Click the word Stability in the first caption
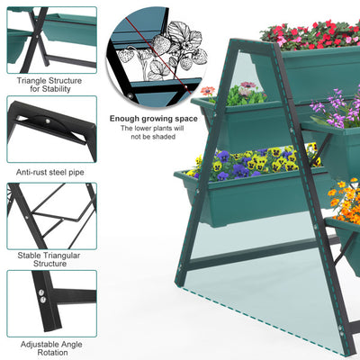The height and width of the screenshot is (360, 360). tap(56, 89)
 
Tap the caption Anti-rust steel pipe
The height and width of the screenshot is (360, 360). tap(50, 173)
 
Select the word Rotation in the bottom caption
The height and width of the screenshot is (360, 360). tap(52, 353)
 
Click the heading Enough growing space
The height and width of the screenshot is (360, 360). tap(154, 119)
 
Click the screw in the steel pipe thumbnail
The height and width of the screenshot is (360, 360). tap(48, 121)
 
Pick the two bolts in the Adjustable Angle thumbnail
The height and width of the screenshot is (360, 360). tap(41, 295)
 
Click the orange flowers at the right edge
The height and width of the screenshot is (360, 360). tap(345, 201)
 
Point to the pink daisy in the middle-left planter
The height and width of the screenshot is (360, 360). tap(248, 85)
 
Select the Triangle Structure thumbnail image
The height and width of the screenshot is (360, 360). tap(52, 40)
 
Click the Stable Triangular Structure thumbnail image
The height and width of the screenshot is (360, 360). tap(52, 216)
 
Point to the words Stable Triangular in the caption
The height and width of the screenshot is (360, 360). tap(49, 256)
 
